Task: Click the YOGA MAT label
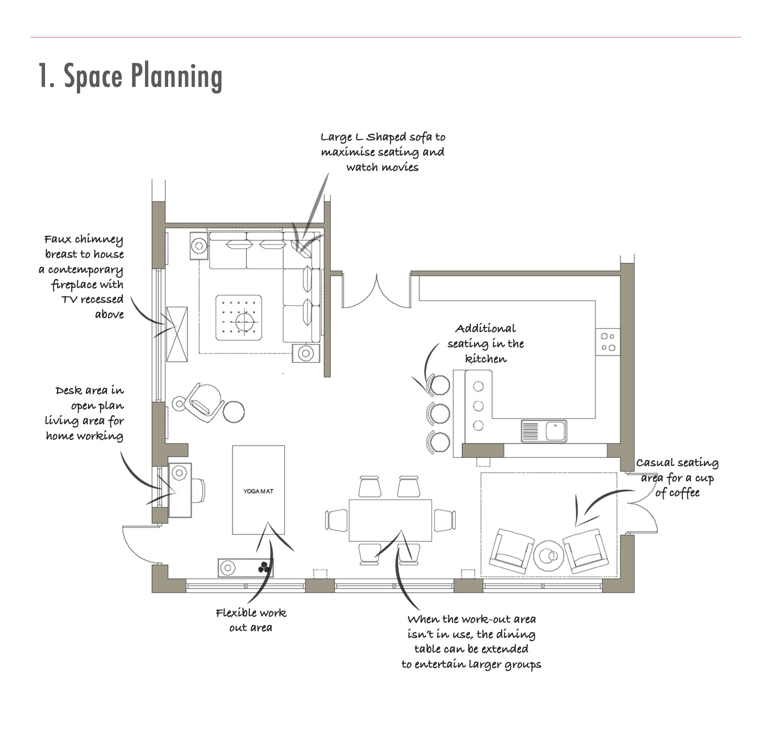click(x=258, y=491)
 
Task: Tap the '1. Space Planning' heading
click(x=130, y=76)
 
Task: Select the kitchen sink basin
click(x=555, y=430)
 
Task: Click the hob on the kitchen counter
click(x=608, y=342)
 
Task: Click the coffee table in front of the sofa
click(x=239, y=318)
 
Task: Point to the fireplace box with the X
click(x=177, y=334)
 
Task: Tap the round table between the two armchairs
click(x=548, y=556)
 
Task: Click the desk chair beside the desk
click(x=198, y=491)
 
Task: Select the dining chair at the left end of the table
click(x=336, y=520)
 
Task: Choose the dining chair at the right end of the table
click(x=444, y=520)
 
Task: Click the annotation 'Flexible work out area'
click(x=251, y=620)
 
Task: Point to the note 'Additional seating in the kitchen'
click(x=486, y=344)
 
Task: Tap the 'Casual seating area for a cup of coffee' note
click(x=677, y=478)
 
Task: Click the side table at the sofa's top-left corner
click(x=199, y=246)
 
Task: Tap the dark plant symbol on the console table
click(x=264, y=568)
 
